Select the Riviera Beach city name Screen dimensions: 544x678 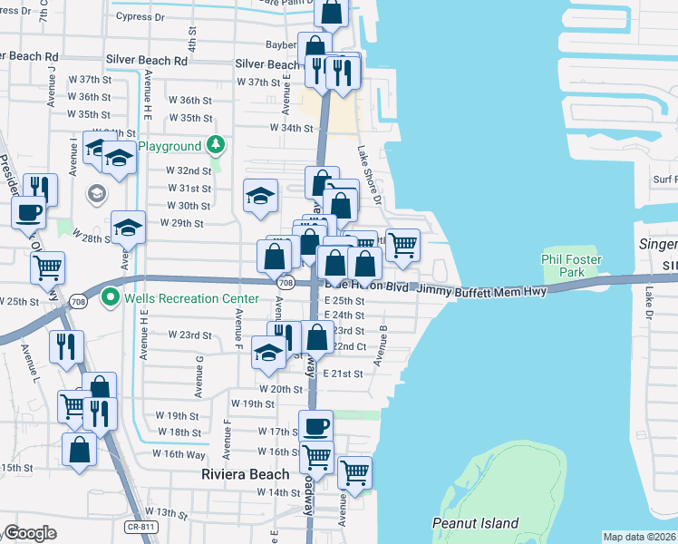coord(245,474)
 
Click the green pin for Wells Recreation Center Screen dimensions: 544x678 coord(111,296)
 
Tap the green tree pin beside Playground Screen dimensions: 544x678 coord(215,145)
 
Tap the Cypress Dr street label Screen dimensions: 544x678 coord(140,17)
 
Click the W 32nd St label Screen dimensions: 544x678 coord(189,170)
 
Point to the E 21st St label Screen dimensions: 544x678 coord(343,374)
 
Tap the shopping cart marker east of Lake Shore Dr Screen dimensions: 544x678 coord(402,244)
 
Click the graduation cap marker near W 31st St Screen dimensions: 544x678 coord(260,197)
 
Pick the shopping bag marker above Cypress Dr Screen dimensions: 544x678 coord(332,13)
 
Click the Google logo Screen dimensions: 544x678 coord(29,533)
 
